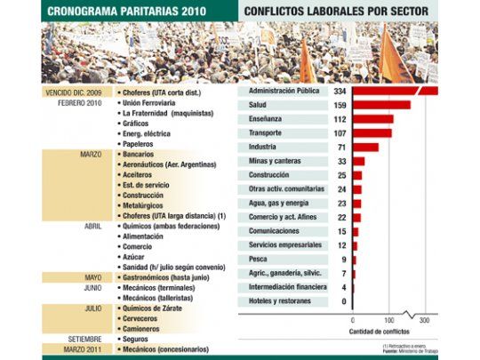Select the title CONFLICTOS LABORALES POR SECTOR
tap(339, 12)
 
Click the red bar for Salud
tap(381, 105)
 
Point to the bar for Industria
tap(365, 148)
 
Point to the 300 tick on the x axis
tap(424, 321)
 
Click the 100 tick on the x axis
tap(388, 321)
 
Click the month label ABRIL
tap(93, 226)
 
